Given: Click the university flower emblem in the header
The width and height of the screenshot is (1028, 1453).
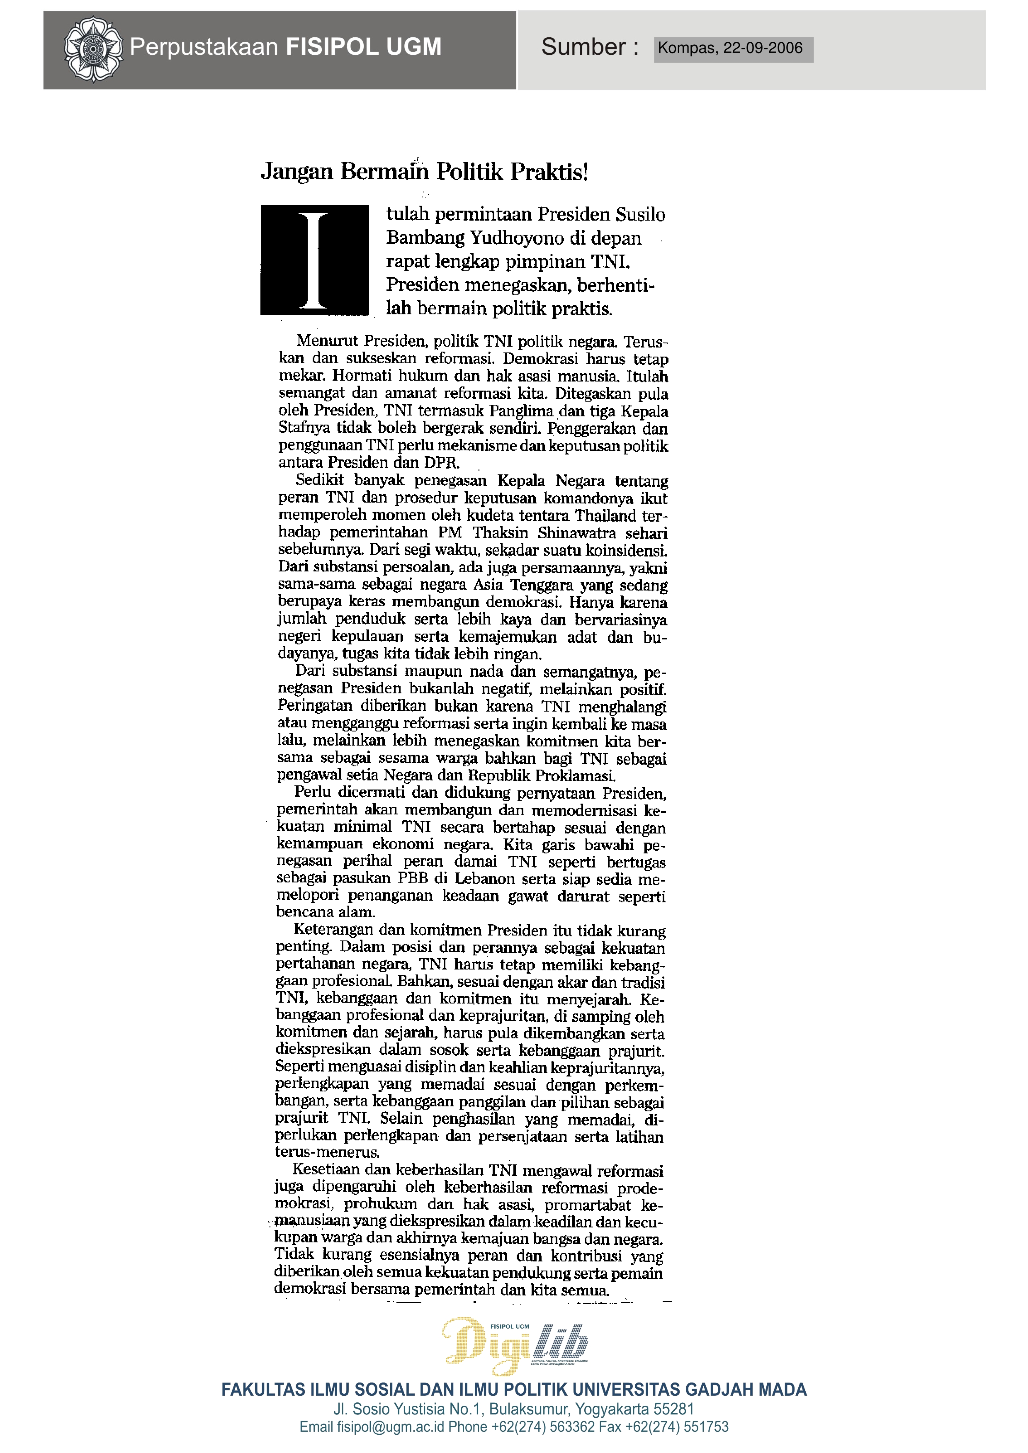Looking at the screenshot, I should [x=93, y=49].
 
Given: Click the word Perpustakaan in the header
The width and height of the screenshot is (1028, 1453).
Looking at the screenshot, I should [x=204, y=47].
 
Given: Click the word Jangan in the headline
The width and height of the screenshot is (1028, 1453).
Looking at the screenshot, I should [x=297, y=172].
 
